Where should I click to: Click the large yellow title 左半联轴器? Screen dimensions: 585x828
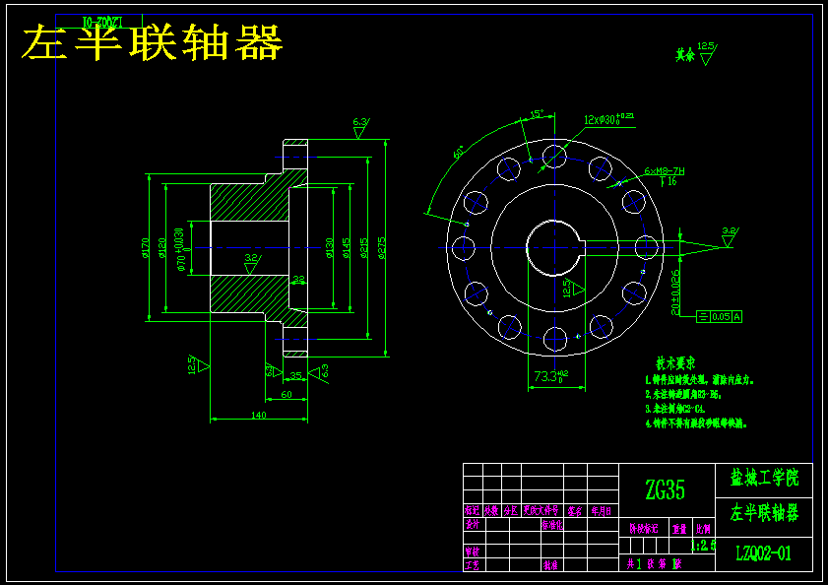click(x=153, y=43)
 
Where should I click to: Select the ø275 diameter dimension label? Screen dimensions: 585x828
click(x=382, y=247)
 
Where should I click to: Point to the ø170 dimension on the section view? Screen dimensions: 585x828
click(x=146, y=247)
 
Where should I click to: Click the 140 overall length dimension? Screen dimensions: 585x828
click(x=258, y=415)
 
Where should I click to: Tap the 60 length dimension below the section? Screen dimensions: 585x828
click(x=286, y=394)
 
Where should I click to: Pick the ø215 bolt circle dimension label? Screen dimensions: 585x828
click(x=364, y=247)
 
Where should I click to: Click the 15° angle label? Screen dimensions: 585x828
click(x=537, y=114)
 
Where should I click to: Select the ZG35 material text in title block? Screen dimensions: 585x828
click(x=666, y=489)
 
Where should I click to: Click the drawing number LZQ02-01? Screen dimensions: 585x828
click(x=763, y=553)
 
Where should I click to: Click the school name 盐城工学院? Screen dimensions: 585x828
click(x=763, y=480)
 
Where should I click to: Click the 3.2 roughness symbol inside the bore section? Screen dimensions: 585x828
click(x=252, y=262)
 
